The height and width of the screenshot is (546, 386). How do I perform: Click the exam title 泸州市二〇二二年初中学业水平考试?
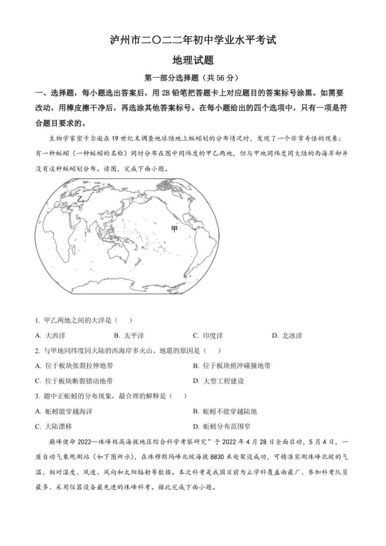pos(193,40)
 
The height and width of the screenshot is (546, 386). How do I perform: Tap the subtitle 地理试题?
pos(193,60)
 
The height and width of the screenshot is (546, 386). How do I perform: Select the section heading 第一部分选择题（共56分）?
pos(192,78)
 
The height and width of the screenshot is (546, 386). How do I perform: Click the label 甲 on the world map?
pos(174,229)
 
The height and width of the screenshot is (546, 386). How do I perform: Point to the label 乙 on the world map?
pos(80,199)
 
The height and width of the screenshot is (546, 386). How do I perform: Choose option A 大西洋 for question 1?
pos(50,336)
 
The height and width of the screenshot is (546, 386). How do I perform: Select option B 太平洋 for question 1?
pos(129,336)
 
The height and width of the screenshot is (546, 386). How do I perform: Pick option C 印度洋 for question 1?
pos(208,336)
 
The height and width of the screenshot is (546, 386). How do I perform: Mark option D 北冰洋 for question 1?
pos(287,336)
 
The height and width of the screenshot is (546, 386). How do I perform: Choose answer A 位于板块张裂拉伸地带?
pos(74,366)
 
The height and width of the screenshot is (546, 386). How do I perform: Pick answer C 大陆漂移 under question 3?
pos(54,426)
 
